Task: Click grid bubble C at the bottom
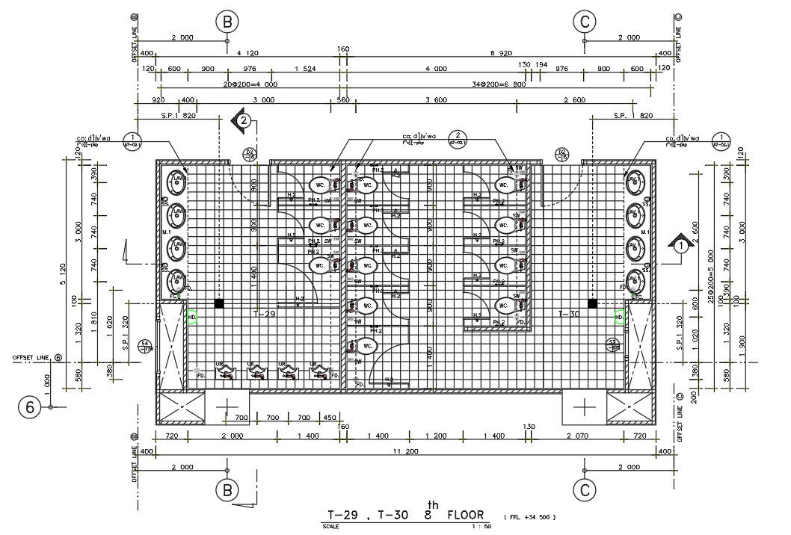coord(584,490)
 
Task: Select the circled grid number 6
coord(30,407)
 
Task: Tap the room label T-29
coord(265,314)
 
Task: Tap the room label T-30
coord(569,314)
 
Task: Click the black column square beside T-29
coord(219,303)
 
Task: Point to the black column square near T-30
coord(591,303)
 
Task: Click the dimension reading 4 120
coord(247,53)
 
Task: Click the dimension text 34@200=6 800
coord(498,84)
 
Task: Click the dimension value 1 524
coord(305,69)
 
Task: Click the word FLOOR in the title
coord(465,514)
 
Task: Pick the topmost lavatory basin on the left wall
coord(176,180)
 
